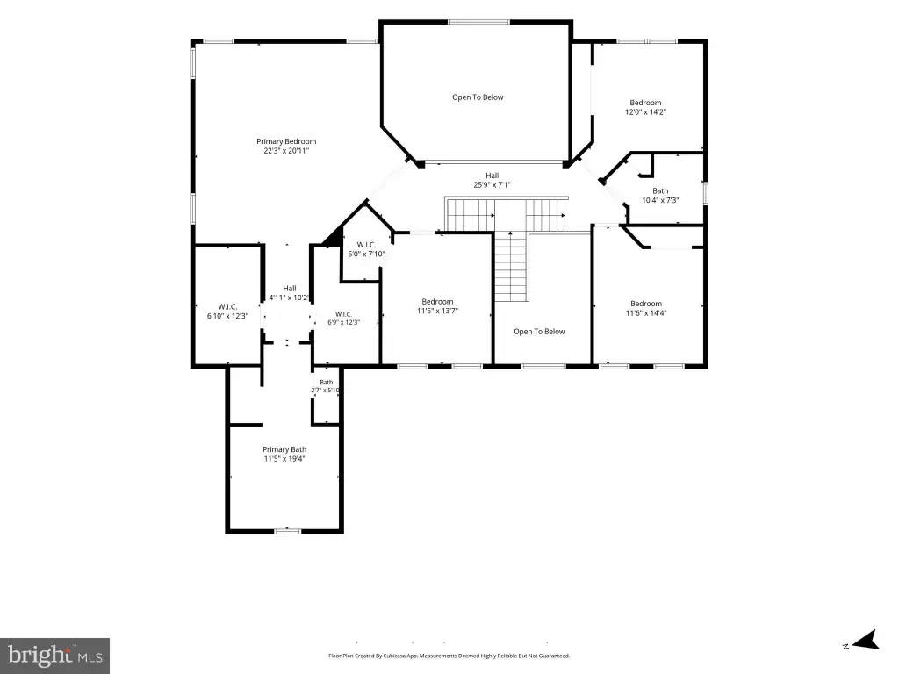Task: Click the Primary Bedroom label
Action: [x=286, y=141]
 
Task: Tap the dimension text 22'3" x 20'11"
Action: [x=286, y=151]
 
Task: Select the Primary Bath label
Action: [x=284, y=450]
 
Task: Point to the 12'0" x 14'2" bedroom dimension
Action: [x=645, y=112]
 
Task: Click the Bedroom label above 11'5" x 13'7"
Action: [x=437, y=302]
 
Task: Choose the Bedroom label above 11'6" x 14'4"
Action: [x=646, y=304]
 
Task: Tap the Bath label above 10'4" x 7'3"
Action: [x=660, y=190]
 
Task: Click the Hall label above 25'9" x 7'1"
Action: [x=492, y=176]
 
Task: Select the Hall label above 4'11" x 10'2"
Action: [x=290, y=288]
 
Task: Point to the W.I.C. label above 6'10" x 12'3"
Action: [x=227, y=306]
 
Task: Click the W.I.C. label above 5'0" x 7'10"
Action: [x=366, y=245]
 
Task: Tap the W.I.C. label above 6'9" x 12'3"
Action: [x=343, y=314]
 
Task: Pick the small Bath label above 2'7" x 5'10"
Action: [x=327, y=383]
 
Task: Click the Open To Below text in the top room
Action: [x=478, y=97]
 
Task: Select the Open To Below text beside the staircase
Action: [x=539, y=331]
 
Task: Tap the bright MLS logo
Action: [x=55, y=656]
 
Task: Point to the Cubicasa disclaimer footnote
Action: [x=449, y=656]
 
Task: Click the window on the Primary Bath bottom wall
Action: [x=287, y=531]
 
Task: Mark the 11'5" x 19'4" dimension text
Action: [x=284, y=459]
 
